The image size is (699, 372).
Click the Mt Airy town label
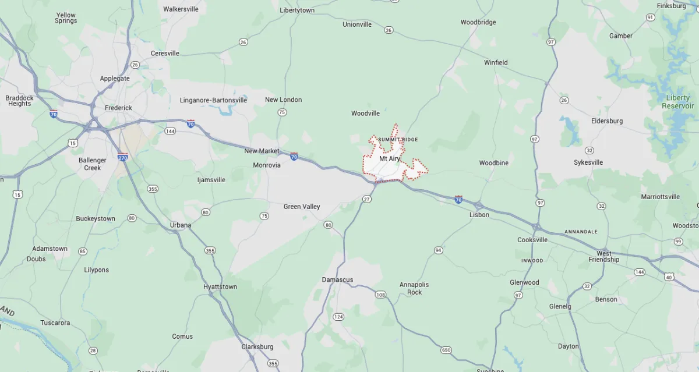[390, 158]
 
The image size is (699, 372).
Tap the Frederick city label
[118, 108]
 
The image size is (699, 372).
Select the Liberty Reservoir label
[678, 102]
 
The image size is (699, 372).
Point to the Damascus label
[337, 280]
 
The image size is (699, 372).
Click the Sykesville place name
[588, 162]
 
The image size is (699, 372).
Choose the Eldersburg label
[607, 121]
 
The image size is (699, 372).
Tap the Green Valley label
[302, 207]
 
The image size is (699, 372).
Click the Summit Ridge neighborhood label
[398, 140]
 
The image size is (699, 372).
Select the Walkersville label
[181, 9]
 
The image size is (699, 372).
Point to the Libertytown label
[297, 10]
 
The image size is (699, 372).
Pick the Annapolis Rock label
[414, 288]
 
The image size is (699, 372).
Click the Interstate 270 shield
[122, 157]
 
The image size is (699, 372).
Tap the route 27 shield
[366, 199]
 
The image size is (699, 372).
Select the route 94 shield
[438, 250]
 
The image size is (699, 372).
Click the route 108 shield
[380, 295]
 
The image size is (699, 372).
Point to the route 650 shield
[446, 350]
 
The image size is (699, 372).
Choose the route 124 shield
[338, 317]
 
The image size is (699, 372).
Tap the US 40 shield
[669, 277]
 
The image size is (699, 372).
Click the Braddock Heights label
[19, 101]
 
